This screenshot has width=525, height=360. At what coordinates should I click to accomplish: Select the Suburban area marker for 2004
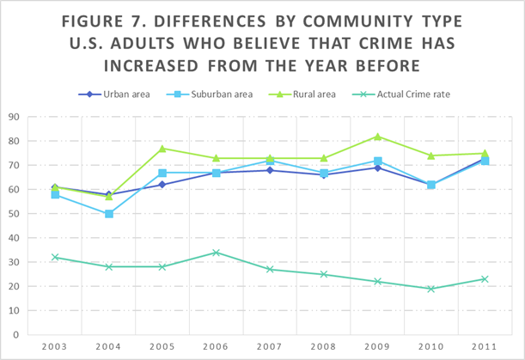click(109, 214)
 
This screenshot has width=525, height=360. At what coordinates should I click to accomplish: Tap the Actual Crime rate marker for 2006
click(217, 253)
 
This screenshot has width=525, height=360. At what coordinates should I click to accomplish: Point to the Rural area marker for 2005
click(162, 149)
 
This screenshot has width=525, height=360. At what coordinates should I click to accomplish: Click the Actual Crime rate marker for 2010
click(431, 289)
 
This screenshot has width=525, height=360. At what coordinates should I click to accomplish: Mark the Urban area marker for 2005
click(162, 185)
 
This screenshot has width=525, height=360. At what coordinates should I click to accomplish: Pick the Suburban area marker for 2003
click(55, 195)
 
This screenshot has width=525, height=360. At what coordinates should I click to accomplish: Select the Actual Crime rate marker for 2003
click(55, 257)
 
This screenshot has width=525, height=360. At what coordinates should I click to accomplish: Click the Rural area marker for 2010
click(431, 156)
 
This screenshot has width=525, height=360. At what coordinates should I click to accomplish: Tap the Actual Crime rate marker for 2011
click(485, 279)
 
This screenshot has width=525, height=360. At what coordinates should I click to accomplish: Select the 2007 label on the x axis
click(270, 346)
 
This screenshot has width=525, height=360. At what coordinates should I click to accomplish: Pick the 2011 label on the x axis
click(485, 346)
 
